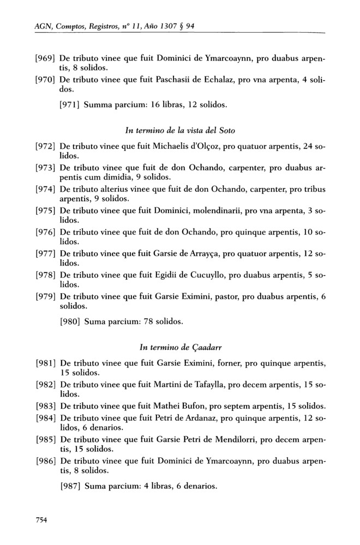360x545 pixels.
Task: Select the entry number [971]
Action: (70, 104)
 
